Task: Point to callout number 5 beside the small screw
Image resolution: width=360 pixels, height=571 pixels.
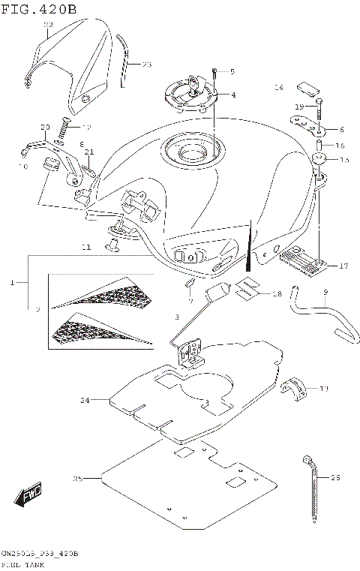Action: click(232, 72)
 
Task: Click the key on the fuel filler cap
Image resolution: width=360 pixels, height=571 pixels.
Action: click(196, 84)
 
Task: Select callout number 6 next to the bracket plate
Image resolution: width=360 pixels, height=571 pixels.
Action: click(341, 129)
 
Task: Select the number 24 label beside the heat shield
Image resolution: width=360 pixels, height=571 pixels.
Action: click(85, 401)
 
